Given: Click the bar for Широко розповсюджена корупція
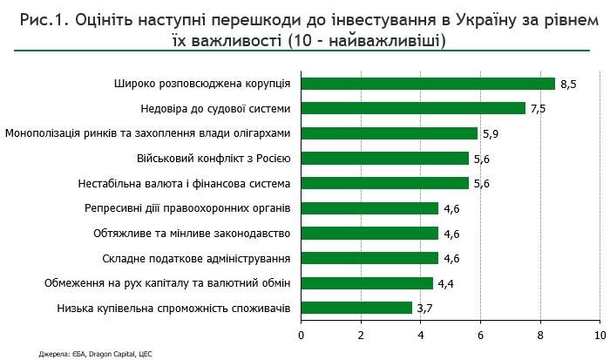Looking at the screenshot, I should [x=428, y=84].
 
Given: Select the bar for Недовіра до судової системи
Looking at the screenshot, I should [x=413, y=108].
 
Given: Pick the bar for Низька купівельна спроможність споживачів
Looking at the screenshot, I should [x=356, y=308].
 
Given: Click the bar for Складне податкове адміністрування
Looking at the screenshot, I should [x=370, y=258].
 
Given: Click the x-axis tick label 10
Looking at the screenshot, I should [x=600, y=336].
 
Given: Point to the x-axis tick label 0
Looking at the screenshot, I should [x=302, y=336].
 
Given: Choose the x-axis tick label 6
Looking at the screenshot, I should [x=480, y=336].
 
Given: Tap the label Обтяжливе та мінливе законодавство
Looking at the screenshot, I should [x=192, y=233].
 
